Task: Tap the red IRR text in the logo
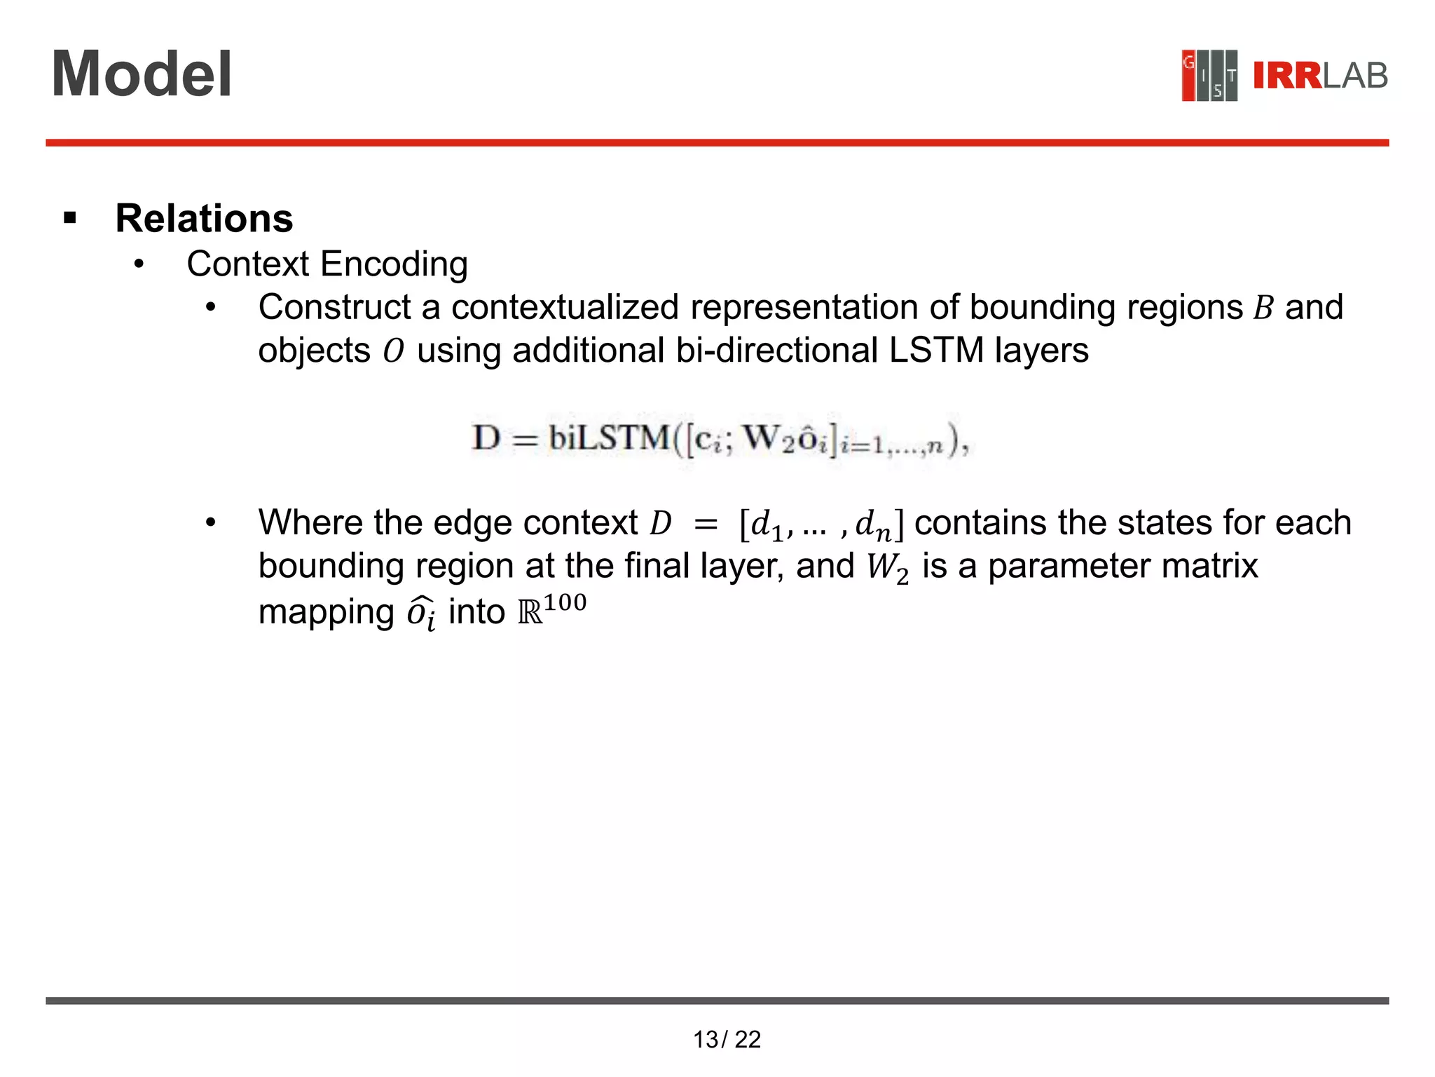pos(1286,76)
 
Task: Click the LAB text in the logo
pos(1355,76)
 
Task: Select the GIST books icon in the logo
pos(1209,76)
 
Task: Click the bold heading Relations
pos(204,218)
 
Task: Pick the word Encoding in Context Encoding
pos(394,264)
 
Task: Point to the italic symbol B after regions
pos(1263,308)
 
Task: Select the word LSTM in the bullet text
pos(936,350)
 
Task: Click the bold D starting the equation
pos(486,438)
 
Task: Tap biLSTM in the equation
pos(608,438)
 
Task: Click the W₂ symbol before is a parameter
pos(887,567)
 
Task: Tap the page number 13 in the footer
pos(706,1039)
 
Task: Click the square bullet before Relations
pos(69,219)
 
